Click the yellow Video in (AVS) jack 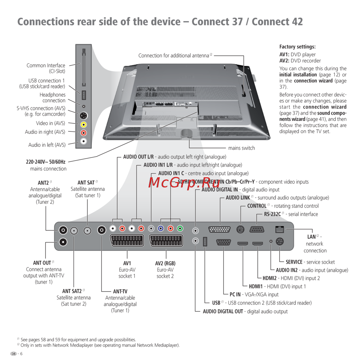[x=84, y=124]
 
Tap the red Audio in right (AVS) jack [x=84, y=132]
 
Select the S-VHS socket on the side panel [x=84, y=116]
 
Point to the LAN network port [x=280, y=229]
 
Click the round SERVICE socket [x=280, y=241]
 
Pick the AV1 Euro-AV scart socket [x=127, y=241]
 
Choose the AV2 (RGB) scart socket [x=166, y=241]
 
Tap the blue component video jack [x=160, y=229]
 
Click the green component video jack [x=179, y=229]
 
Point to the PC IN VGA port [x=223, y=242]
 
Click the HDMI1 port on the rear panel [x=243, y=243]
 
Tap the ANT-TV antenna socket [x=102, y=230]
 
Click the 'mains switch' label [x=241, y=148]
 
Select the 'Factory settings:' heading [x=297, y=47]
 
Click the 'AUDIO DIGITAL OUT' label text [x=223, y=311]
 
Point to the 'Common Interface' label [x=46, y=66]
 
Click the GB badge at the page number [x=13, y=354]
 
